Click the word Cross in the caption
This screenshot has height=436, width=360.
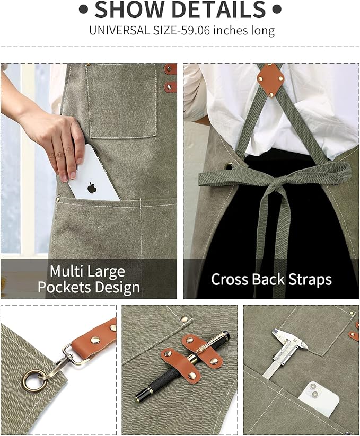pyautogui.click(x=232, y=280)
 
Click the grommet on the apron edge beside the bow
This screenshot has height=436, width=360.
pyautogui.click(x=228, y=167)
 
